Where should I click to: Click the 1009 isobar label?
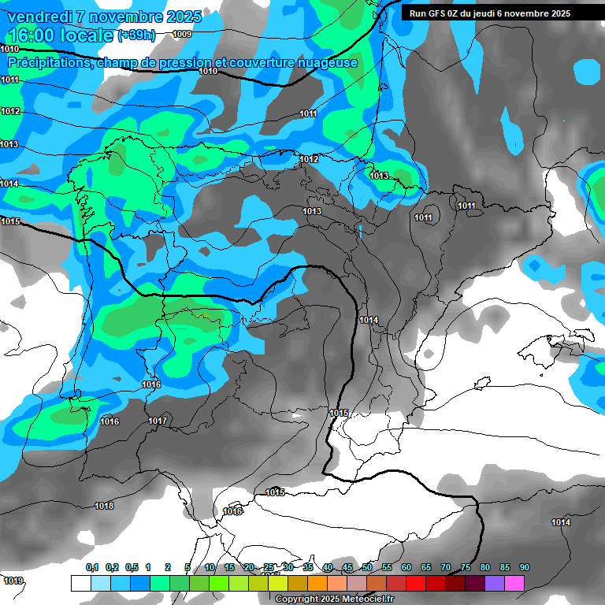[x=182, y=34]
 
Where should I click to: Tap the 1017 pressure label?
[x=158, y=421]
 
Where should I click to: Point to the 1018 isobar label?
[x=104, y=506]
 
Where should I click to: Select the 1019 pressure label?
[x=13, y=581]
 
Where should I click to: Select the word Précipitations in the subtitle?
[x=50, y=63]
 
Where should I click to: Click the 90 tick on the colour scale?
[x=525, y=567]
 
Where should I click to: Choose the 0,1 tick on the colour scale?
[x=92, y=567]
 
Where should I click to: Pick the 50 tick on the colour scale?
[x=367, y=567]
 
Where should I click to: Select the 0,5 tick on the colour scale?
[x=132, y=567]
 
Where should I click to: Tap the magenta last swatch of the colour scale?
[x=514, y=583]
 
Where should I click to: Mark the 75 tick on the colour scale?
[x=466, y=567]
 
